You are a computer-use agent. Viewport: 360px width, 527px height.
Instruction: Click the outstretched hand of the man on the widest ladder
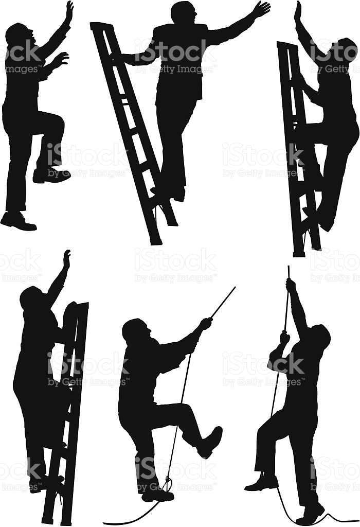tap(261, 9)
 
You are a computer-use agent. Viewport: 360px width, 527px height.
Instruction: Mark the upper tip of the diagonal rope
tap(234, 288)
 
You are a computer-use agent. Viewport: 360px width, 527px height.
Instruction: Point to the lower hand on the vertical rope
tap(283, 340)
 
